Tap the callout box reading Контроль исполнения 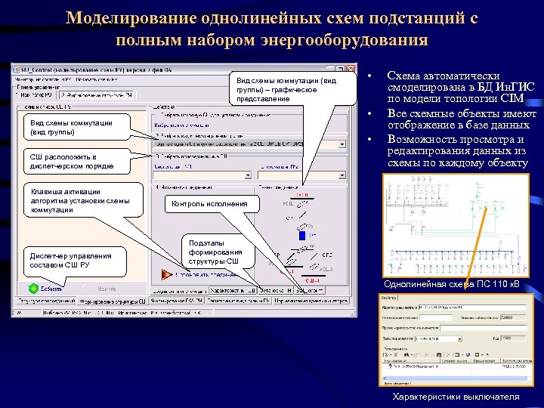pos(209,203)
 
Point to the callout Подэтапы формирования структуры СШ pos(215,252)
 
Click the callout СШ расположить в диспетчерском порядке pos(72,159)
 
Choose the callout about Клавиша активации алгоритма pos(79,200)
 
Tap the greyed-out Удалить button pos(107,288)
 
